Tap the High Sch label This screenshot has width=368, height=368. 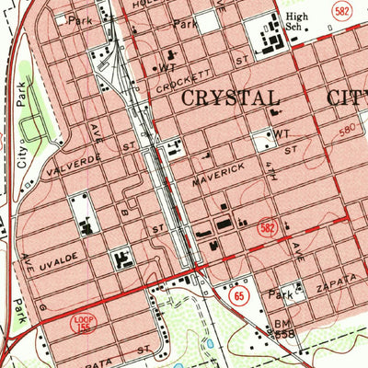click(297, 22)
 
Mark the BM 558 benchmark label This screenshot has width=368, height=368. click(284, 328)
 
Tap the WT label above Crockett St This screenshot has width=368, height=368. click(167, 67)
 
